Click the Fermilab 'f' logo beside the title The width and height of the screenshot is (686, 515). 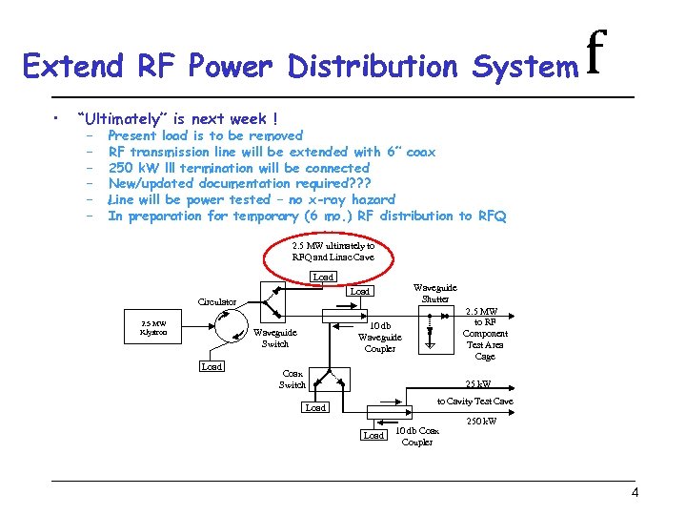[x=597, y=55]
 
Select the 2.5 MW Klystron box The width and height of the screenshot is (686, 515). [x=152, y=327]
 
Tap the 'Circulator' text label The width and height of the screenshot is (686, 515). [x=217, y=301]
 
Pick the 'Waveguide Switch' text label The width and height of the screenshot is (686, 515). [x=274, y=338]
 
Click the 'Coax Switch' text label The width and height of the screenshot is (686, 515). [x=292, y=379]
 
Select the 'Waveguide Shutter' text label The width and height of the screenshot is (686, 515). [x=434, y=293]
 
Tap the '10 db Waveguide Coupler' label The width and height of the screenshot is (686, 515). [x=379, y=337]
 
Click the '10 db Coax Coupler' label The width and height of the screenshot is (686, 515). [x=417, y=436]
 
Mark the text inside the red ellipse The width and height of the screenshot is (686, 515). [x=333, y=251]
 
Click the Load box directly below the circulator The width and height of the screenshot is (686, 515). [x=212, y=366]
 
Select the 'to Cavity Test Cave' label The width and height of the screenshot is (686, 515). [x=474, y=402]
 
